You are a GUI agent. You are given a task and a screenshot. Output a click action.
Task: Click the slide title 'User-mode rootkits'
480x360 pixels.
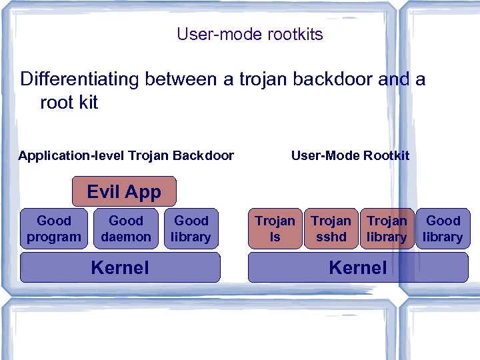249,34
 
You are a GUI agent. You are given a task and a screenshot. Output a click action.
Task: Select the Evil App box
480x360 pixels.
124,192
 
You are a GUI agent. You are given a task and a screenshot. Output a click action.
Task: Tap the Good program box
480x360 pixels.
53,229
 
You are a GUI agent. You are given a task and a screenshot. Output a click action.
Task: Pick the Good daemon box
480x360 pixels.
125,229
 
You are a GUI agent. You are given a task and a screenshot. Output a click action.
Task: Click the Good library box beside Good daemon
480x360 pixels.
191,229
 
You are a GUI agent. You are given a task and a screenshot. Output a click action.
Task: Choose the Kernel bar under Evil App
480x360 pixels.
120,267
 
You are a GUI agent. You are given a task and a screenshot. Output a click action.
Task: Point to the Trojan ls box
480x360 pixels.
275,229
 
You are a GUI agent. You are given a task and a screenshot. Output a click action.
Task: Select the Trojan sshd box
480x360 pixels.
331,229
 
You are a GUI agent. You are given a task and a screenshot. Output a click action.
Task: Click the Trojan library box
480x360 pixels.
387,229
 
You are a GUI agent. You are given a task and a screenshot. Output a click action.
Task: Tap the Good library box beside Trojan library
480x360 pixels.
443,229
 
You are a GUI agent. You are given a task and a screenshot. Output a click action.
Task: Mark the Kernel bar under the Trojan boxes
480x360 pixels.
358,267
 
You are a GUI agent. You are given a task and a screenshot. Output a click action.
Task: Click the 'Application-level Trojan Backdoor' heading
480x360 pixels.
126,155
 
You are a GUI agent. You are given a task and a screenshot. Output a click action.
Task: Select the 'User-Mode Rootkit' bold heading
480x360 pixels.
350,155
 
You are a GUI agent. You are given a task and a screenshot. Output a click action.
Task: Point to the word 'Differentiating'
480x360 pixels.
80,79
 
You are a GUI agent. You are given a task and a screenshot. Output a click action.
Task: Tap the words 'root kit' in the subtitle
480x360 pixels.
69,103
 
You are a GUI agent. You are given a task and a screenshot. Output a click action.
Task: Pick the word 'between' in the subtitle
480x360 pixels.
180,79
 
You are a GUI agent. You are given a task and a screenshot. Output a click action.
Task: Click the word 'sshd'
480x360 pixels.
331,237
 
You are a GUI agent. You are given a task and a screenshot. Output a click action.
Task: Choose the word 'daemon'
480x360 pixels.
125,237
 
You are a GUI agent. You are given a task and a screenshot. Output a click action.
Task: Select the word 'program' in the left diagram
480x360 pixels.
53,237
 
